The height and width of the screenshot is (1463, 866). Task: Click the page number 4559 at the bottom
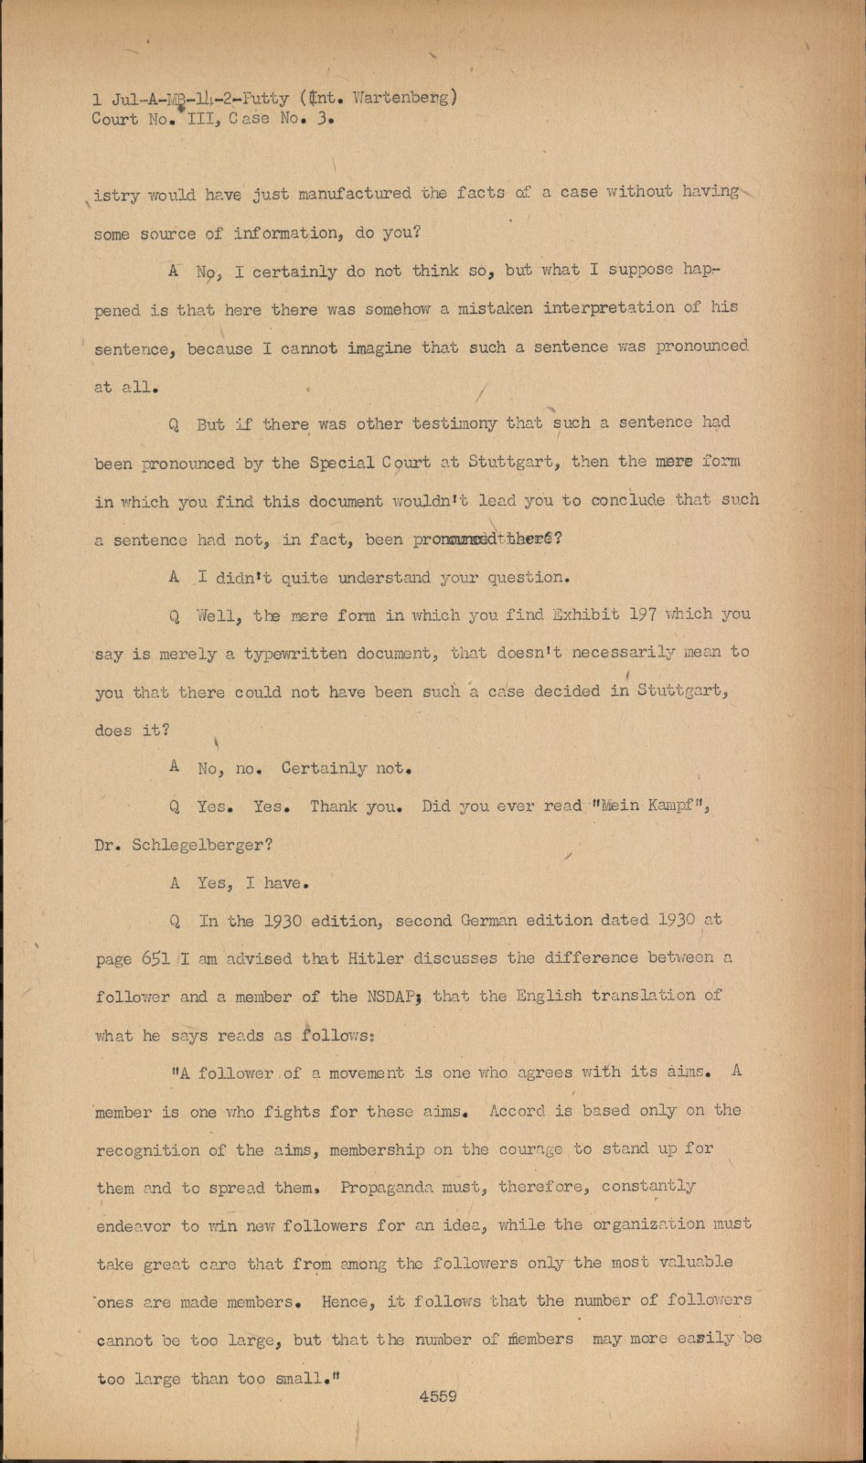pos(438,1395)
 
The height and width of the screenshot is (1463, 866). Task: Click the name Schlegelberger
pos(201,844)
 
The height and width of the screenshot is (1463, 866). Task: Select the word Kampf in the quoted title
pos(675,806)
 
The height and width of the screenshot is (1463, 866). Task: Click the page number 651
pos(155,958)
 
